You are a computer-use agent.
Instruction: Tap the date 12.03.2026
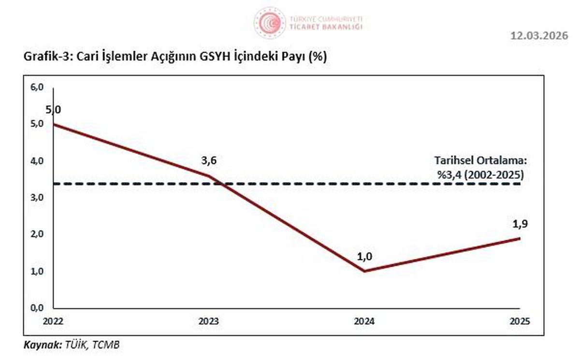point(539,36)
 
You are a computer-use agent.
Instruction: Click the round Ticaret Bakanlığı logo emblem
point(270,23)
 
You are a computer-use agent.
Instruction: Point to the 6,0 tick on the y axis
point(37,87)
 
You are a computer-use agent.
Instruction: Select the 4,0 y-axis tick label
point(37,161)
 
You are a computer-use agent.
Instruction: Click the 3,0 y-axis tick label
point(37,198)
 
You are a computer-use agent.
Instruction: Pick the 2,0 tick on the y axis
point(37,234)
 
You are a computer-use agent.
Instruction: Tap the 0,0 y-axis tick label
point(37,308)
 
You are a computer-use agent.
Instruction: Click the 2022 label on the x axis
point(53,321)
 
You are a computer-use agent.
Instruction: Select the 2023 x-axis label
point(209,321)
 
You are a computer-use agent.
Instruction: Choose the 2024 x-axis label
point(364,321)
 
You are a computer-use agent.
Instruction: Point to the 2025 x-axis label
point(520,321)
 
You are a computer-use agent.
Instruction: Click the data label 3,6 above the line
point(209,161)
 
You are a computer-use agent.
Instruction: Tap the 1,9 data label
point(520,224)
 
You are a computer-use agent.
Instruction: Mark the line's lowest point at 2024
point(364,271)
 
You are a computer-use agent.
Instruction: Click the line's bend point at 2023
point(209,176)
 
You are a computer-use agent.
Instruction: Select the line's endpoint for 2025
point(520,238)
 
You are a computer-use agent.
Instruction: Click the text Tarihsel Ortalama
point(480,161)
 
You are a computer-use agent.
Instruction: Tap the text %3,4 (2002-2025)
point(480,175)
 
